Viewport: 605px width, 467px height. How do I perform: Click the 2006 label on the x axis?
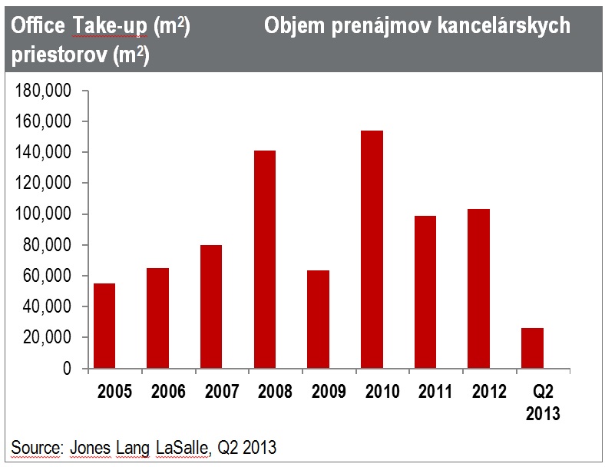click(x=169, y=392)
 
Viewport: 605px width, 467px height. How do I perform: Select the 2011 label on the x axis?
click(x=435, y=392)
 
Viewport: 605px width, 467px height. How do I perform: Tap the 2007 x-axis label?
click(x=222, y=392)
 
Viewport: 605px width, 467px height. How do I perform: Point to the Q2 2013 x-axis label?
click(x=542, y=402)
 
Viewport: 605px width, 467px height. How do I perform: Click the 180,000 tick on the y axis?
click(x=44, y=91)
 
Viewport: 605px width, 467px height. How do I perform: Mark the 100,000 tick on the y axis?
click(x=44, y=214)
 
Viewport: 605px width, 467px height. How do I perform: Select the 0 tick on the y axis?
click(x=67, y=369)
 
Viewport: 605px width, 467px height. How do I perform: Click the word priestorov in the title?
click(x=53, y=56)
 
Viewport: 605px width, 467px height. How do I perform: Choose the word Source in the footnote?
click(x=35, y=447)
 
